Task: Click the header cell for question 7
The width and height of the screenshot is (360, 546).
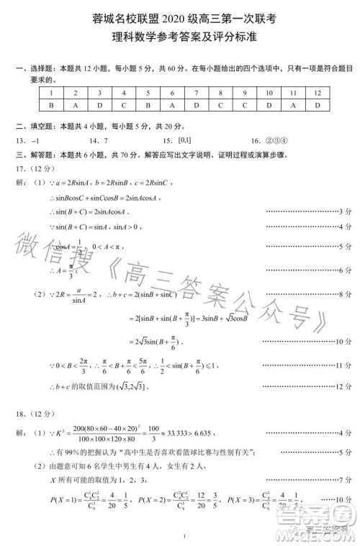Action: click(196, 93)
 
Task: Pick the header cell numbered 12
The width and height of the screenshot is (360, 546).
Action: click(317, 93)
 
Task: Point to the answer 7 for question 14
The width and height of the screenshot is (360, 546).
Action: click(105, 140)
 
